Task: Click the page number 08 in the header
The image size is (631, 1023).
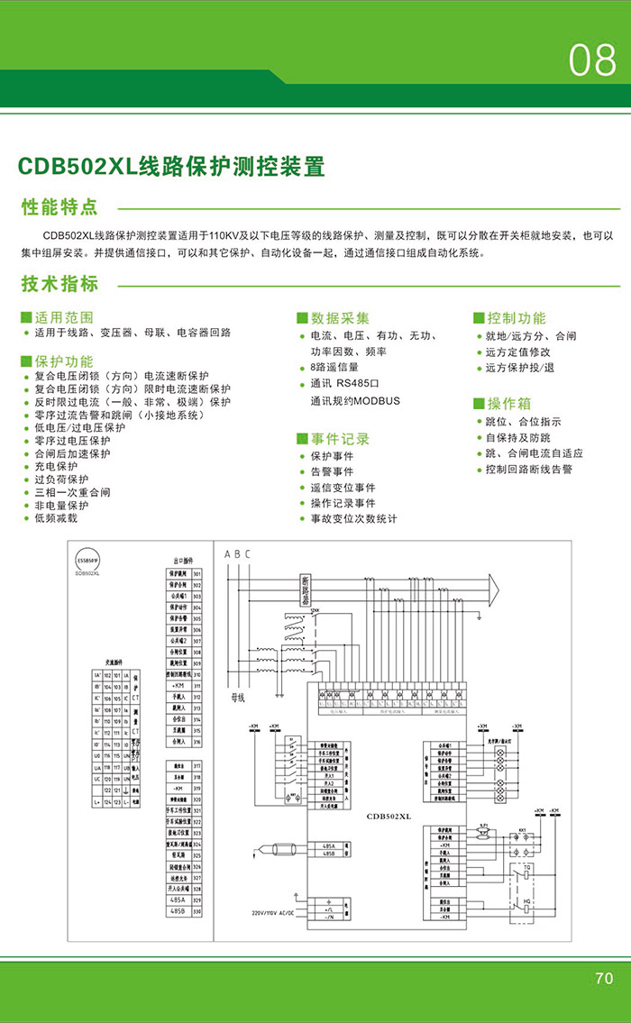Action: point(592,60)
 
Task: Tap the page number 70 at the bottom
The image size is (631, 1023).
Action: point(604,978)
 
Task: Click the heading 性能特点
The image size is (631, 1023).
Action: point(59,207)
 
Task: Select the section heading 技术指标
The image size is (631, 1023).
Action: point(59,285)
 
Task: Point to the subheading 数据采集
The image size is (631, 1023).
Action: point(340,318)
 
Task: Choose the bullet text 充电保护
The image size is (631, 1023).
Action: point(56,467)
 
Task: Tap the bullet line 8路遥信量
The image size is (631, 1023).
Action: point(334,368)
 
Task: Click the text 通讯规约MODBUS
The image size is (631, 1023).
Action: point(354,400)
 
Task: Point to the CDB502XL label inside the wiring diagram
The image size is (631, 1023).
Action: point(389,817)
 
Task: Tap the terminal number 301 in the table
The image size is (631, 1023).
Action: point(197,573)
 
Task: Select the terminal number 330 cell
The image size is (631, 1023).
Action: point(197,912)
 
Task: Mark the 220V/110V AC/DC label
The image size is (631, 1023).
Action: point(278,912)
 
